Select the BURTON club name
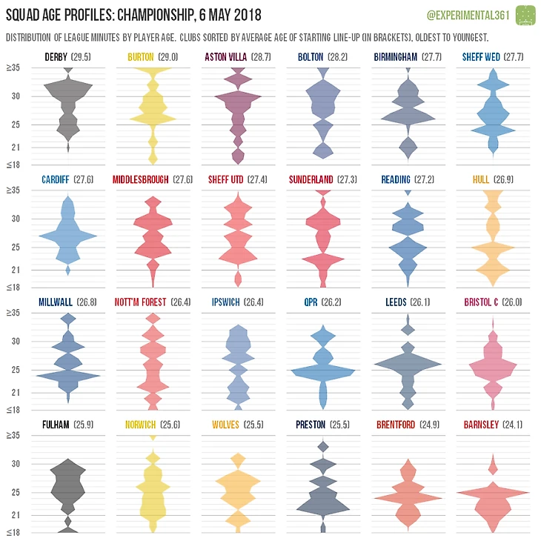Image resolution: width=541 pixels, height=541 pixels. (140, 57)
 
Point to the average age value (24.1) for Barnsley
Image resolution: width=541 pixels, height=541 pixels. (514, 425)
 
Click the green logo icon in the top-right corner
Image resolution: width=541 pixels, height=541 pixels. (525, 14)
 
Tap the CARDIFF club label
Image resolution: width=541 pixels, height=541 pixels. (56, 179)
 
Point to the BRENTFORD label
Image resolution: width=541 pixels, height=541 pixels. (399, 425)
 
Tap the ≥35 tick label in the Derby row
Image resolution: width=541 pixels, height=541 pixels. (14, 68)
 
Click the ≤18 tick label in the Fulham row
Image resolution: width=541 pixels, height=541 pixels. (14, 532)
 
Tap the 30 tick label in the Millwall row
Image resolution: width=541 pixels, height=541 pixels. (17, 342)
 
